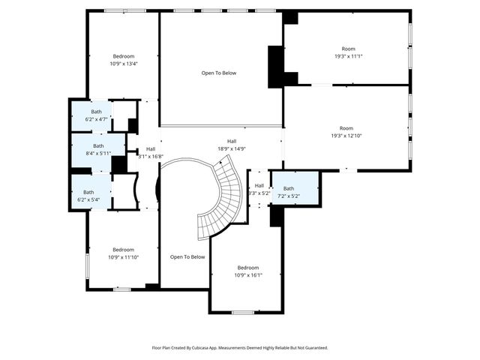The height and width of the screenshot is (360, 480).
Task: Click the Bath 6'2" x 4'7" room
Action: point(91,115)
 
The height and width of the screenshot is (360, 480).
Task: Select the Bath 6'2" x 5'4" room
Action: point(88,196)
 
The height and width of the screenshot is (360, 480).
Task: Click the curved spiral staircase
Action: point(221,199)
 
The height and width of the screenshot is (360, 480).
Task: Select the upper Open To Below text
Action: point(219,73)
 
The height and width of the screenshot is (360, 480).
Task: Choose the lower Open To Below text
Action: point(187,257)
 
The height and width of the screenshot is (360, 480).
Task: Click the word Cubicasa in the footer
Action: point(200,348)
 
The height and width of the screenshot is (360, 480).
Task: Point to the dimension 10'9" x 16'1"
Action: point(248,275)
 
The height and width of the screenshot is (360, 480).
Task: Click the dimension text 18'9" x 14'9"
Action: point(232,148)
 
